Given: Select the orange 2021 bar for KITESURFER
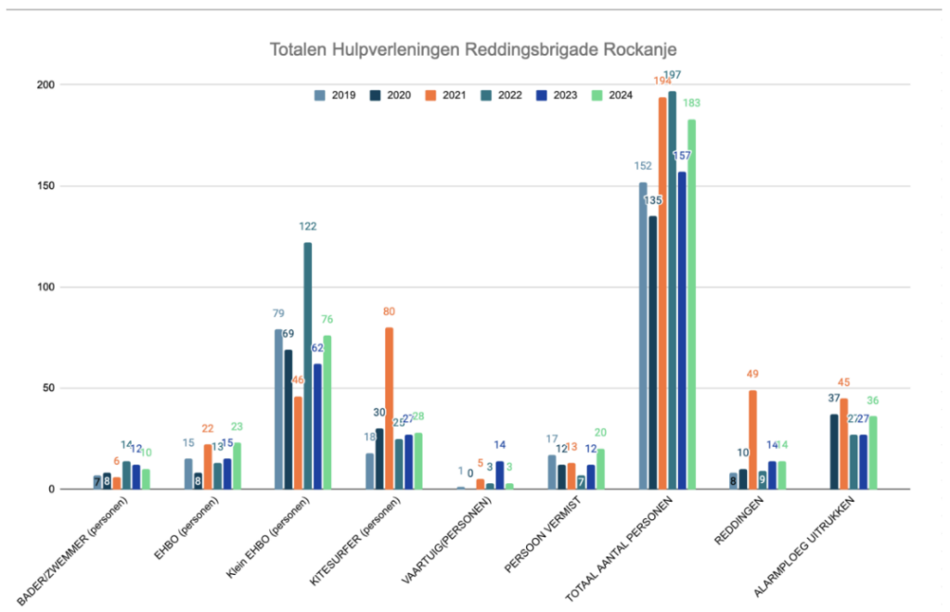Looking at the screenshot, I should pyautogui.click(x=389, y=408).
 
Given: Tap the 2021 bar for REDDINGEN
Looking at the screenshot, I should pyautogui.click(x=753, y=440).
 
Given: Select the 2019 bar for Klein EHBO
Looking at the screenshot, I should pyautogui.click(x=278, y=409).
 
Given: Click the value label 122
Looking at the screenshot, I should pyautogui.click(x=308, y=225).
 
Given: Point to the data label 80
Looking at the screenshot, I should pyautogui.click(x=389, y=312).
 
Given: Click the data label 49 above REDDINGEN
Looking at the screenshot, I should pyautogui.click(x=753, y=375).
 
